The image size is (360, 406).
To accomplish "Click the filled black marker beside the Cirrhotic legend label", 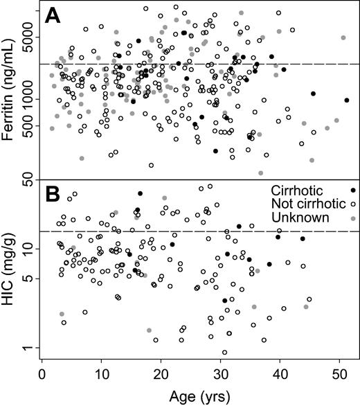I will tap(354, 191).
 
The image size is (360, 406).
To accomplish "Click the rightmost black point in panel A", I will tap(347, 100).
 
